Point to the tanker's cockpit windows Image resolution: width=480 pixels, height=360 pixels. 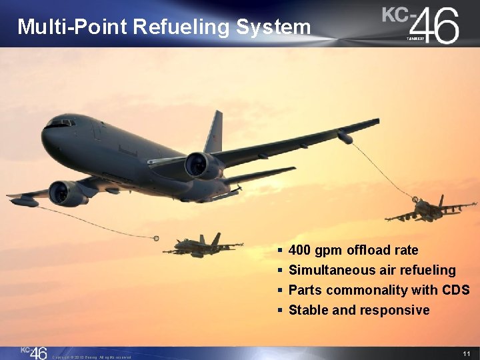click(x=60, y=123)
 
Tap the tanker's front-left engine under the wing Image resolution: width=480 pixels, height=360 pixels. click(x=67, y=193)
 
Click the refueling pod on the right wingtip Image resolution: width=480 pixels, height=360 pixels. click(x=345, y=137)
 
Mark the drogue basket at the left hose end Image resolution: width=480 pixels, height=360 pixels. click(x=156, y=238)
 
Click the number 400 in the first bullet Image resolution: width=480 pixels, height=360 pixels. click(x=300, y=251)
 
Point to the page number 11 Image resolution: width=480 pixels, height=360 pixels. click(x=466, y=353)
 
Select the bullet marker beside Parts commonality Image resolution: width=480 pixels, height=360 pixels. click(x=281, y=291)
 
